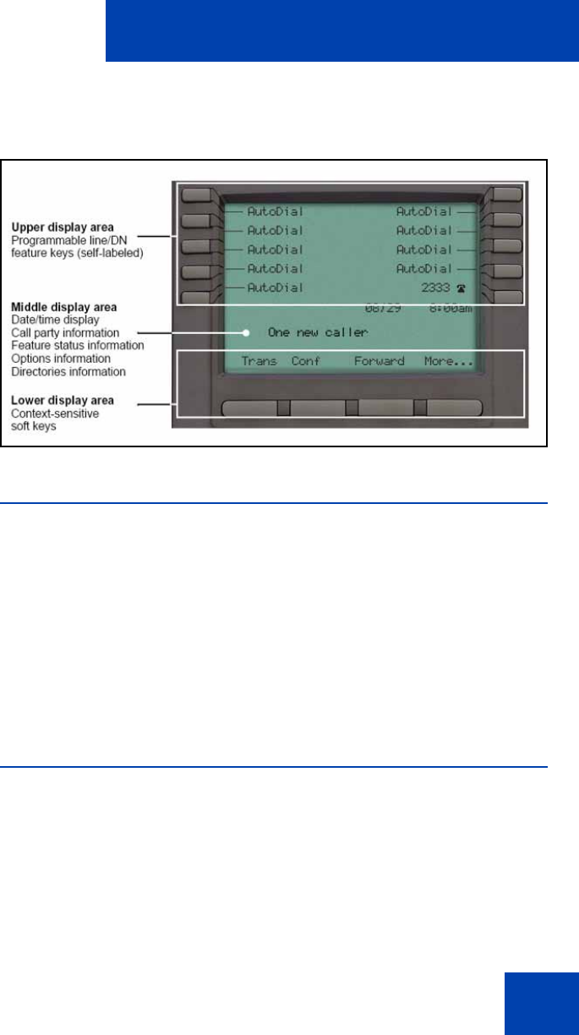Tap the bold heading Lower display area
pyautogui.click(x=74, y=399)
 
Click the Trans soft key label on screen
pyautogui.click(x=259, y=361)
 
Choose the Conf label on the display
pyautogui.click(x=304, y=361)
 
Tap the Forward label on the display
pyautogui.click(x=379, y=361)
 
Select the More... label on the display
pyautogui.click(x=448, y=361)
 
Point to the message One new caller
pyautogui.click(x=318, y=333)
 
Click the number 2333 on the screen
pyautogui.click(x=436, y=287)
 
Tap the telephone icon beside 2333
pyautogui.click(x=461, y=288)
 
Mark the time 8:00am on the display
pyautogui.click(x=448, y=309)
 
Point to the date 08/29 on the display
pyautogui.click(x=382, y=309)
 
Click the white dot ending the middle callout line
pyautogui.click(x=246, y=333)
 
